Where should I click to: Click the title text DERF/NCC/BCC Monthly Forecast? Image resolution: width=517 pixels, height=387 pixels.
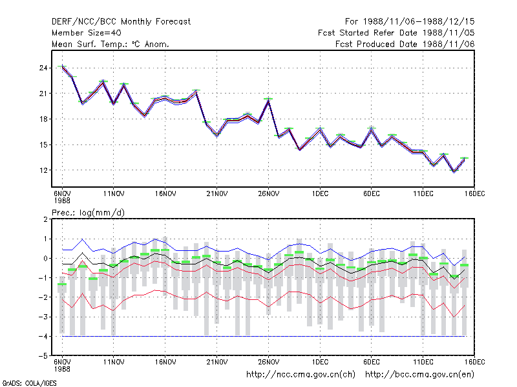(121, 22)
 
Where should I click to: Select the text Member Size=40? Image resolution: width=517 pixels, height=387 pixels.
(87, 33)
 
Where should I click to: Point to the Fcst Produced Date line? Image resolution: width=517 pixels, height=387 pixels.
(405, 44)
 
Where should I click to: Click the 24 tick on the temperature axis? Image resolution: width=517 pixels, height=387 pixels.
(43, 68)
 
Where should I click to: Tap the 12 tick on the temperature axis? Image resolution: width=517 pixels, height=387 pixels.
(43, 170)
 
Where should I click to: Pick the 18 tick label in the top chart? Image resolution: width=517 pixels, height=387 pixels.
(43, 119)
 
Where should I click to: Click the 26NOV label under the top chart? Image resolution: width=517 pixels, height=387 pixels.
(269, 194)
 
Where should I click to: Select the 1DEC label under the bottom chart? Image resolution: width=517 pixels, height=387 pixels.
(320, 362)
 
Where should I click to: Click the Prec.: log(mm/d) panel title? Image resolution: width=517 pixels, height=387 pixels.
(88, 213)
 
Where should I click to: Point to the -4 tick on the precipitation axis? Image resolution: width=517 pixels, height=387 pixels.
(43, 336)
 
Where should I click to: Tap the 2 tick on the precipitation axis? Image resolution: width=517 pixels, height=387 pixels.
(45, 219)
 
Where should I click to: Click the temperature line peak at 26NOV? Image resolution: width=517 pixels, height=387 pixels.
(268, 101)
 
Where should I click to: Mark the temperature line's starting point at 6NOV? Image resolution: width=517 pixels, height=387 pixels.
(62, 68)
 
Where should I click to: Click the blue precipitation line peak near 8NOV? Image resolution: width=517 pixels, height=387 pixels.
(83, 239)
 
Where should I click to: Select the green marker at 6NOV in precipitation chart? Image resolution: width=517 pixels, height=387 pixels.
(62, 284)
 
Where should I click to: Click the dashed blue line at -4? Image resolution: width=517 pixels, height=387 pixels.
(264, 336)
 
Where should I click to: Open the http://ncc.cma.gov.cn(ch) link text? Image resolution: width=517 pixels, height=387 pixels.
(301, 375)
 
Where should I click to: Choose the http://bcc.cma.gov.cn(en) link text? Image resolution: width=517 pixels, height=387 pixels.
(419, 375)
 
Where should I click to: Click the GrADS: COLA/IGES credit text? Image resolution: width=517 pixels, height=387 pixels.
(29, 383)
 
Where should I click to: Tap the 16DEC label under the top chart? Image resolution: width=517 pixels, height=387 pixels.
(475, 194)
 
